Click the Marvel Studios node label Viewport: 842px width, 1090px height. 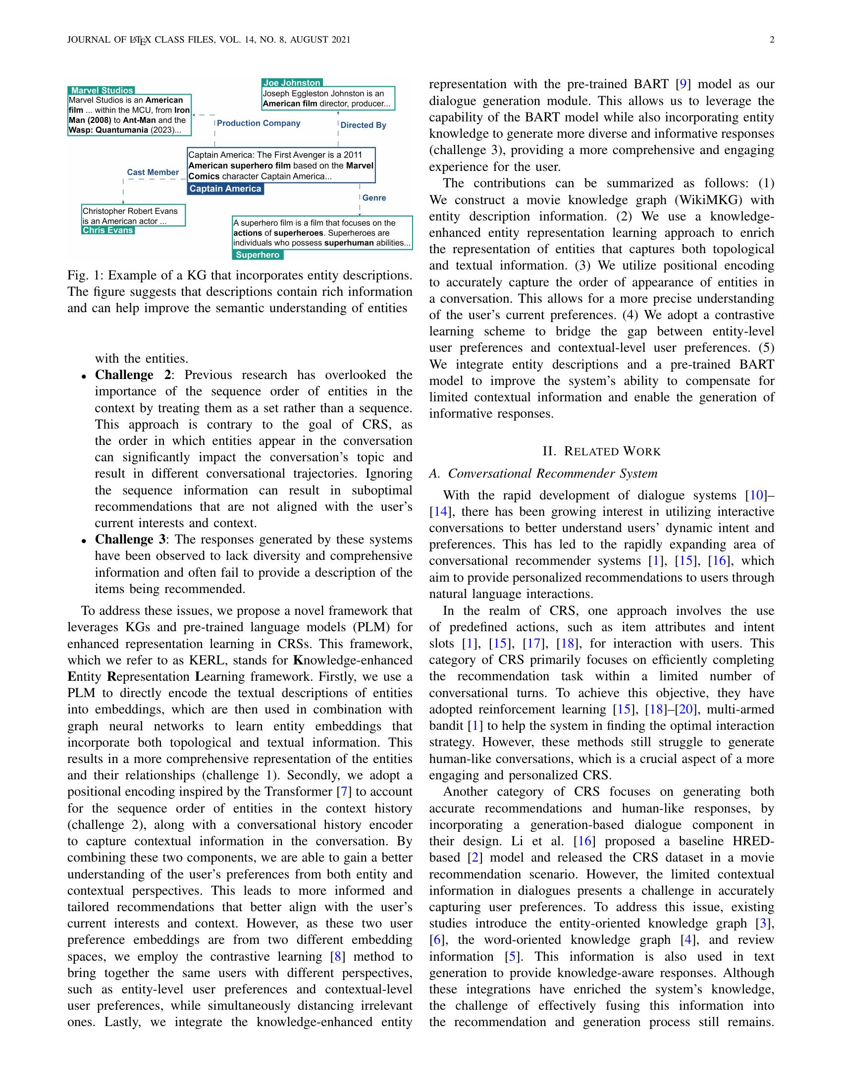102,90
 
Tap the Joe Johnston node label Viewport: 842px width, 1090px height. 292,83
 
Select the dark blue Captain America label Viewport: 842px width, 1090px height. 225,189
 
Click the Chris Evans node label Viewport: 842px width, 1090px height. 108,230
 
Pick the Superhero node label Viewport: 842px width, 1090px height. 258,255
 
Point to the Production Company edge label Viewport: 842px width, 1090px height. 259,123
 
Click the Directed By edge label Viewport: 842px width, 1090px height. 363,125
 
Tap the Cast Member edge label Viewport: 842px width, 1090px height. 153,172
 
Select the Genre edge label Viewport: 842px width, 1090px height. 374,198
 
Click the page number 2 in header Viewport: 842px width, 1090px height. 772,40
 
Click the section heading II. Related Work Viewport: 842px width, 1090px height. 602,452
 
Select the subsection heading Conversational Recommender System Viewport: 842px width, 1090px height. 543,474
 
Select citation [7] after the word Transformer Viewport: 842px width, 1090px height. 342,792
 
